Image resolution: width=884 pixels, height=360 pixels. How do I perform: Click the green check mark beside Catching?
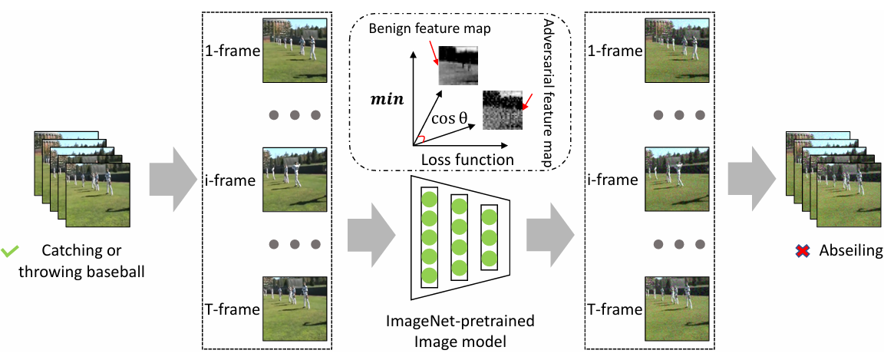coord(10,251)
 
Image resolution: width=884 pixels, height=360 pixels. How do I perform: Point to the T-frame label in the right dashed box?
coord(613,309)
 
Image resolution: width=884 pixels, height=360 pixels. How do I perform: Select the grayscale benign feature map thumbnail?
coord(458,65)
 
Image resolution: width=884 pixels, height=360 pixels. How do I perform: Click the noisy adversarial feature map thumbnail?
coord(503,110)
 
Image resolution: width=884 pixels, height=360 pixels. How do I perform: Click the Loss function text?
coord(467,160)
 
